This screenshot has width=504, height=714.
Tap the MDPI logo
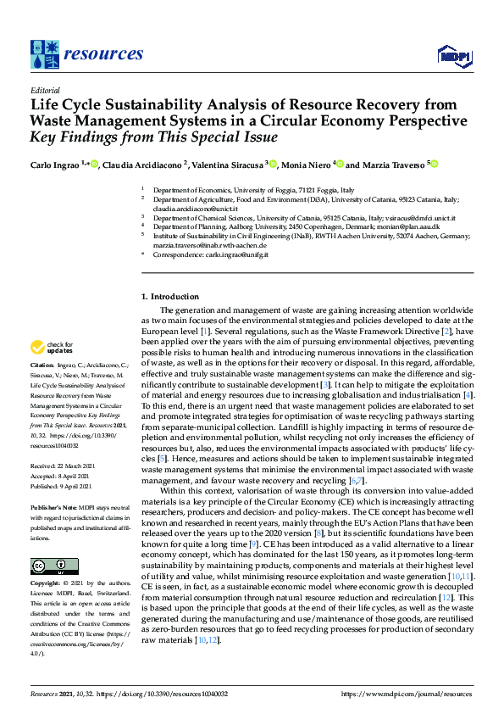click(455, 55)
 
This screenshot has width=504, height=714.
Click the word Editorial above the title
click(45, 90)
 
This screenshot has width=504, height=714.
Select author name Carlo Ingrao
click(56, 164)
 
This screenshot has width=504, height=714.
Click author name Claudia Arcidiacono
click(141, 164)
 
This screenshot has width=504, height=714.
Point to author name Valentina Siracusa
click(229, 164)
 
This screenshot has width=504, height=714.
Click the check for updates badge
click(51, 349)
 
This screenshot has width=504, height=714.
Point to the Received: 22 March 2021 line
click(68, 466)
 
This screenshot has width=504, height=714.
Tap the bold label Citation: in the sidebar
click(44, 375)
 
